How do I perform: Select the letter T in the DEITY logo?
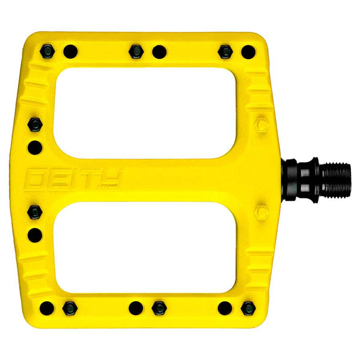tap(89, 178)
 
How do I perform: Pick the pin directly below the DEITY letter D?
tap(35, 212)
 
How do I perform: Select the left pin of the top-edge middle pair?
tap(136, 51)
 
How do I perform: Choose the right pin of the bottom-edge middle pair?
tap(159, 308)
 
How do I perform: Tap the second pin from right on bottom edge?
tap(224, 308)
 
